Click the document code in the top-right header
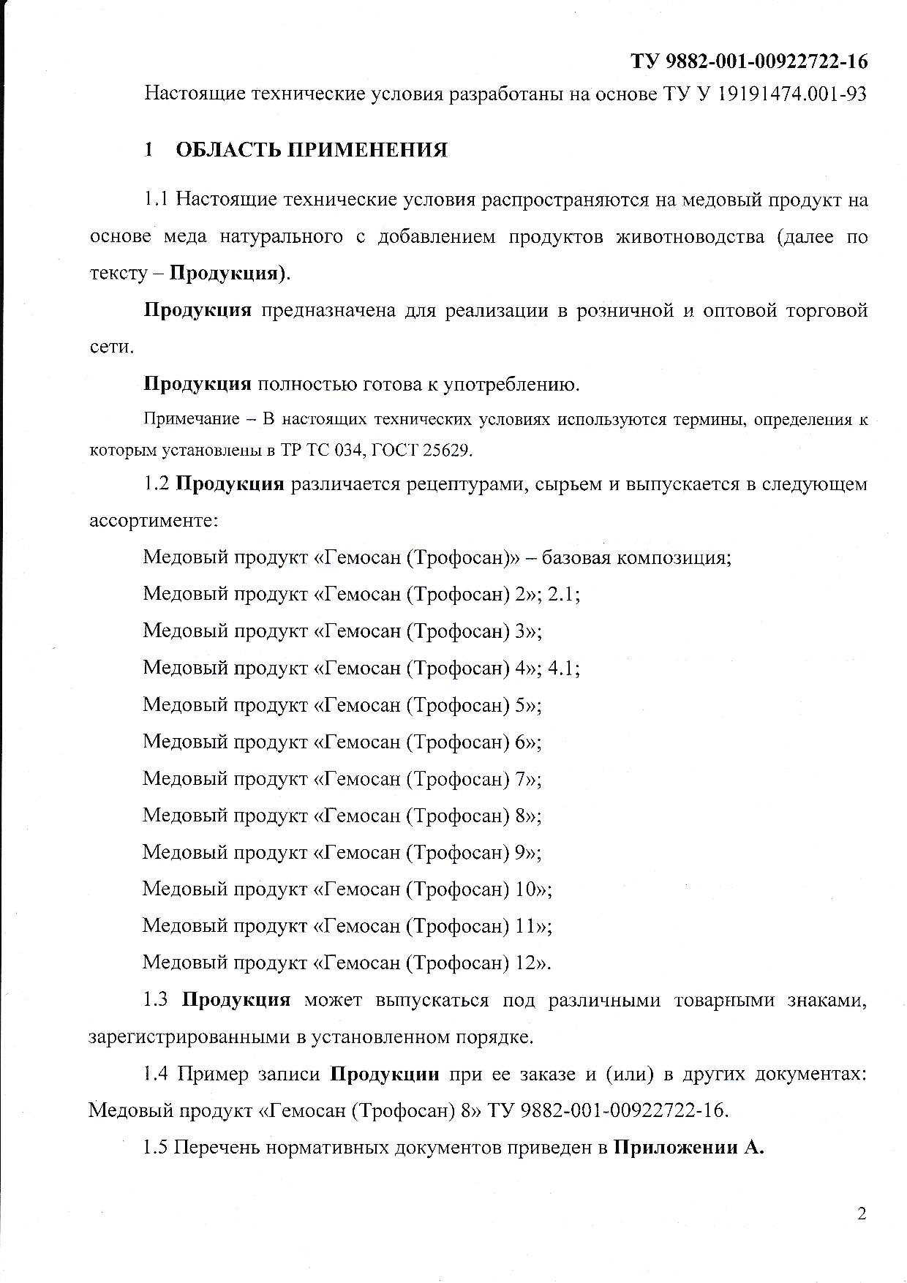749,61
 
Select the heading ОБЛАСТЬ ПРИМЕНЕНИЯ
312,151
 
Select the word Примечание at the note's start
191,419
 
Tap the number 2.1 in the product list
564,594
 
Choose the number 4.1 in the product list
564,668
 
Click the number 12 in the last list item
527,962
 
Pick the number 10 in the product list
527,889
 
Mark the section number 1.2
157,484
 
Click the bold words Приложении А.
688,1148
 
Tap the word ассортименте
153,521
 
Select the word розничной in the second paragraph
623,310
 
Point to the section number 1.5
156,1148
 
